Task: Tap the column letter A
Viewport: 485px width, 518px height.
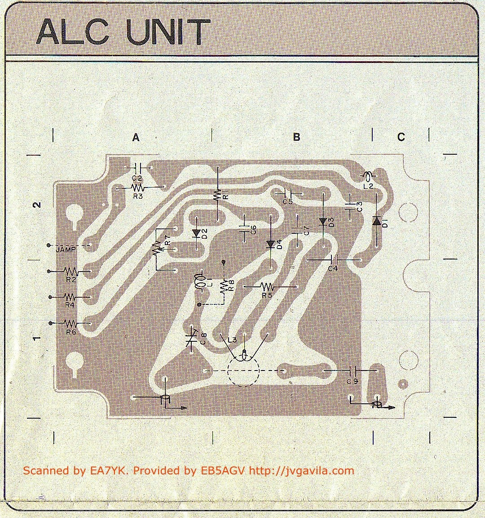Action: [136, 138]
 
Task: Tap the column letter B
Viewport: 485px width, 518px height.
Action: [296, 137]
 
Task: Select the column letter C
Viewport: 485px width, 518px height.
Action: [401, 137]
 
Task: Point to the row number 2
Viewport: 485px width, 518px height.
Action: [38, 205]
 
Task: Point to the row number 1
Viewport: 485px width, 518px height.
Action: [38, 338]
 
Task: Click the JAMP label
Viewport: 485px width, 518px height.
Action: [66, 249]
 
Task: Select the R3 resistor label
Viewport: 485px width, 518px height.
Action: [138, 196]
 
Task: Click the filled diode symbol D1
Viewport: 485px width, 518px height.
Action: [376, 221]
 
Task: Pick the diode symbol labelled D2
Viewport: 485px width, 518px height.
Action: [196, 233]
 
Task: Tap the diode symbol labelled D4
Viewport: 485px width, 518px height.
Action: [270, 244]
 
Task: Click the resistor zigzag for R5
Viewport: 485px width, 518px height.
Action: [267, 286]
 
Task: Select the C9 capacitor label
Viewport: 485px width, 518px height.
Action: [353, 381]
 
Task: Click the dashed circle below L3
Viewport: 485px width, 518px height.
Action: [243, 371]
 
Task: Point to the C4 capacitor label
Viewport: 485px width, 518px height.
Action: [333, 269]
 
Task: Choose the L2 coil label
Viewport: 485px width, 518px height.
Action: [368, 185]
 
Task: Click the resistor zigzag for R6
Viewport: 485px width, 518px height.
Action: [71, 323]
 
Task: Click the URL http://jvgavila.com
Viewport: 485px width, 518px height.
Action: [301, 471]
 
